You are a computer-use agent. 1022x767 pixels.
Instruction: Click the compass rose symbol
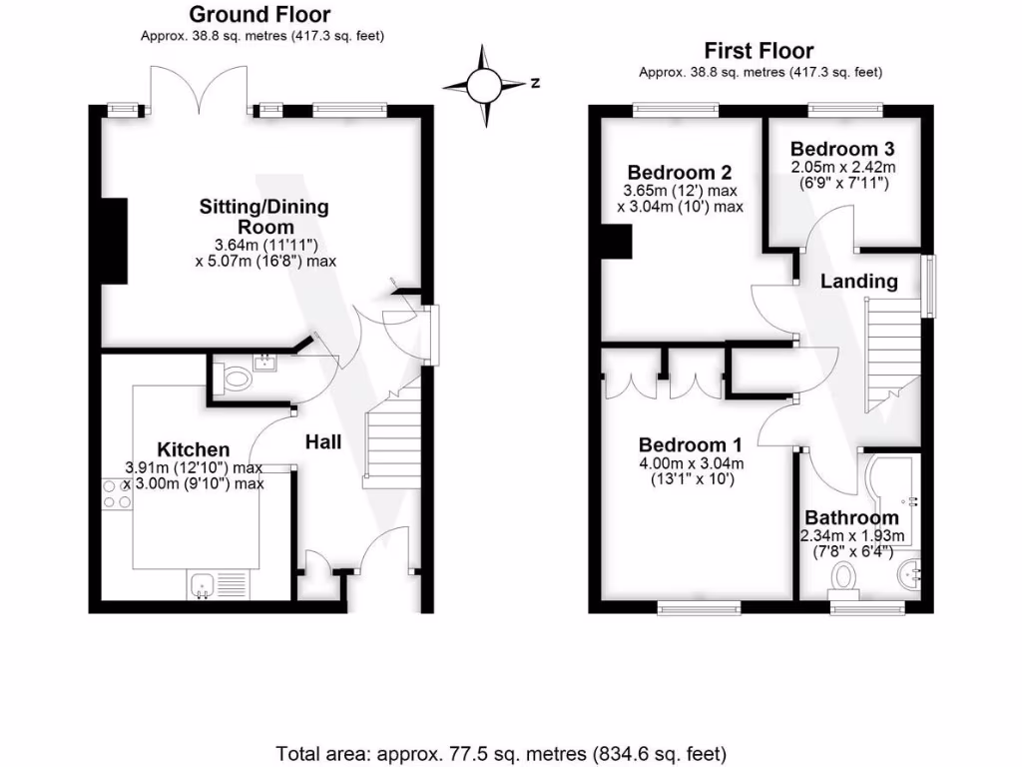tap(484, 85)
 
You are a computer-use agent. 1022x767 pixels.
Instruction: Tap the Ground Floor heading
tap(259, 14)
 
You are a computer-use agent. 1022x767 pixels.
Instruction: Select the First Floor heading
tap(760, 50)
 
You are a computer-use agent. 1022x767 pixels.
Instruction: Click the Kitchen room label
tap(194, 449)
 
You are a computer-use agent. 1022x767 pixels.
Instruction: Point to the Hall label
tap(323, 442)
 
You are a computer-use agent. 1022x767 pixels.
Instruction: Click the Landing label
tap(859, 281)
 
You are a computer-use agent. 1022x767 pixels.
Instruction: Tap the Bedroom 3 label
tap(842, 149)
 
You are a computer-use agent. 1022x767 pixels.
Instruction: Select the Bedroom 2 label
tap(679, 172)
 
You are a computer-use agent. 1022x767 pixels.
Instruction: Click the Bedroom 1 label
tap(691, 444)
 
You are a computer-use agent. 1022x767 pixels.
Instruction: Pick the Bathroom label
tap(852, 517)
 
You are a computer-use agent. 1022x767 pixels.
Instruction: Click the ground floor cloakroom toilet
tap(233, 380)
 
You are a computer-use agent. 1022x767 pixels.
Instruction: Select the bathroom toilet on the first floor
tap(843, 582)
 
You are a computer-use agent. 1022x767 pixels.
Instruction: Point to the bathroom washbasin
tap(909, 575)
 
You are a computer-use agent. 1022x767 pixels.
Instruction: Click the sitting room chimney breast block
tap(114, 242)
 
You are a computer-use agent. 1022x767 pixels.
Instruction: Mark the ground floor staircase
tap(391, 437)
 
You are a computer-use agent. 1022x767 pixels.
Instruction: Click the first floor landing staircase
tap(892, 356)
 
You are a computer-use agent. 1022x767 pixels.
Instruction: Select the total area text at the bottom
tap(501, 754)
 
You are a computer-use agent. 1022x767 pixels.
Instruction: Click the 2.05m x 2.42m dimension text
tap(843, 167)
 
